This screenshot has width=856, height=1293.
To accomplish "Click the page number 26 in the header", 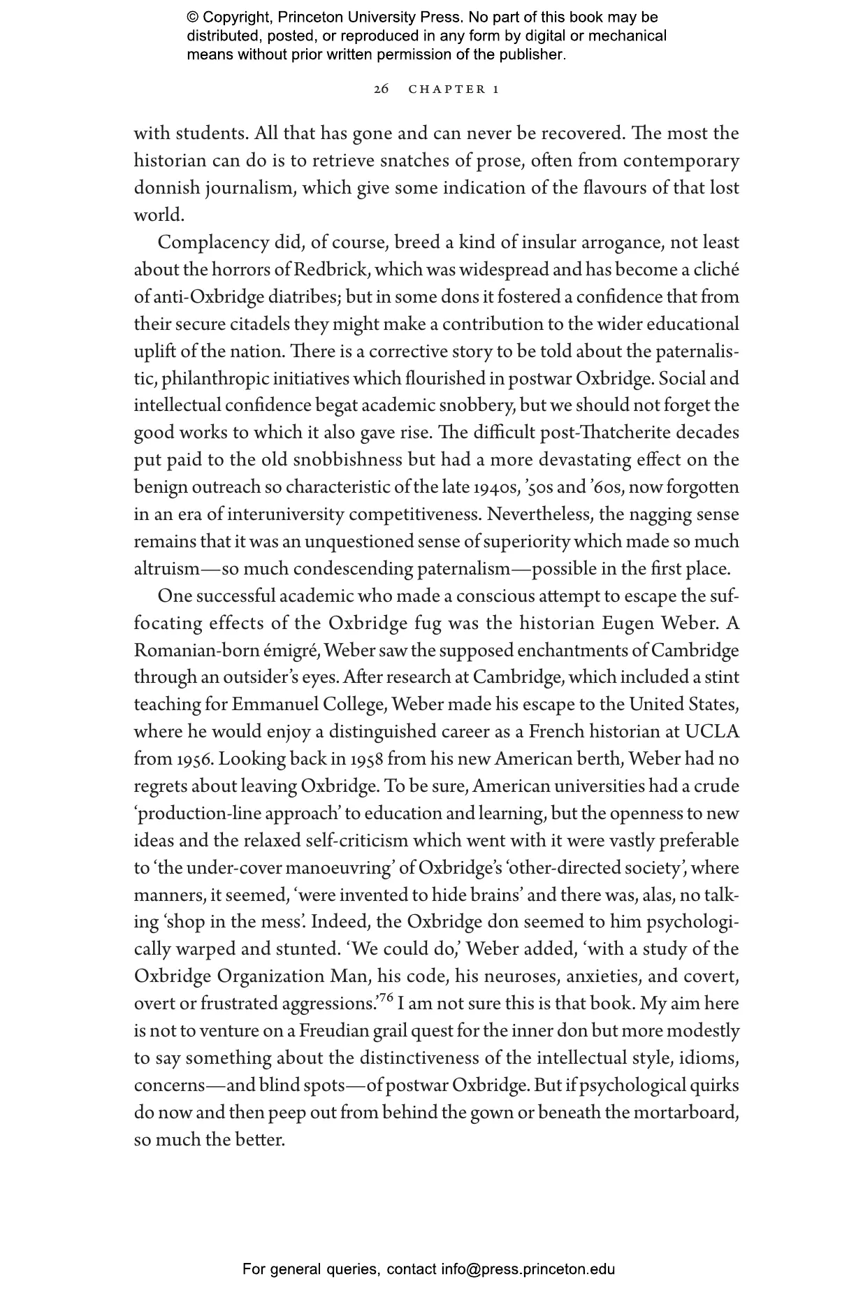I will pyautogui.click(x=381, y=89).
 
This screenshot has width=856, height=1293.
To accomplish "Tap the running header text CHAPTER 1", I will pyautogui.click(x=454, y=89).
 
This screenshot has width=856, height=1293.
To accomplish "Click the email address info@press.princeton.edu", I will pyautogui.click(x=528, y=1269).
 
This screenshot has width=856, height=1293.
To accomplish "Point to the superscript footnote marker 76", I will pyautogui.click(x=386, y=997).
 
